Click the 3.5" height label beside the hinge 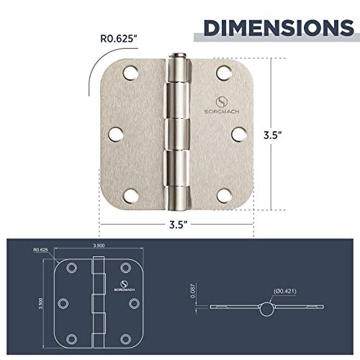click(292, 134)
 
